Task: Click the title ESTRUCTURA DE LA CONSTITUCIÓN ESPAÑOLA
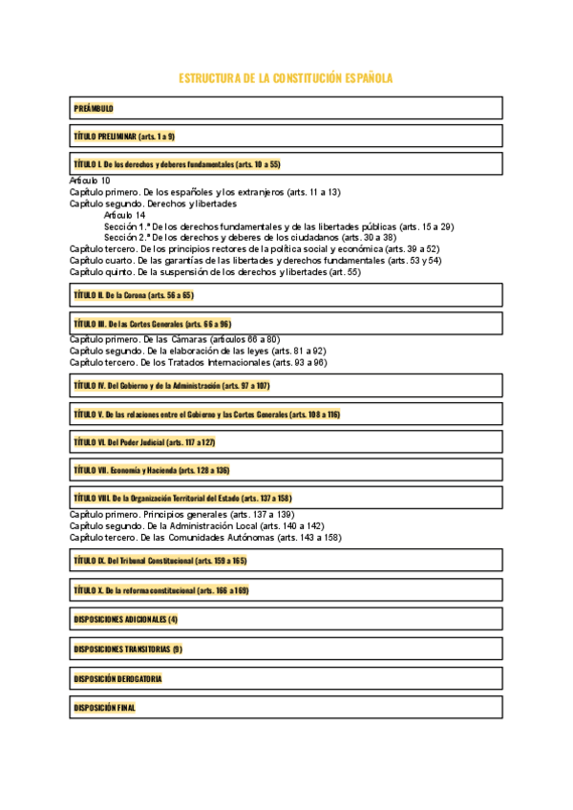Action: click(286, 78)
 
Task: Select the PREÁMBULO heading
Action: click(94, 108)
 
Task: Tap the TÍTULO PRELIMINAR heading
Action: click(124, 137)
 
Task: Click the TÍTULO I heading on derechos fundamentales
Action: click(177, 164)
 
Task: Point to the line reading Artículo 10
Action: click(91, 180)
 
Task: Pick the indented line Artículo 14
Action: click(125, 215)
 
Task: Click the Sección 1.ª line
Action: click(279, 226)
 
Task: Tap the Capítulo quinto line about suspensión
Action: click(215, 272)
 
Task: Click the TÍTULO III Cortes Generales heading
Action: click(153, 324)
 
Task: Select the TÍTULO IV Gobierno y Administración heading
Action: click(172, 386)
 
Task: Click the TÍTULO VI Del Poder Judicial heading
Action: click(144, 442)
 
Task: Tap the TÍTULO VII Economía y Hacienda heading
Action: click(152, 470)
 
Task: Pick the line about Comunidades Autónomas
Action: click(205, 538)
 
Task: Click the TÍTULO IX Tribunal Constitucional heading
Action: click(160, 561)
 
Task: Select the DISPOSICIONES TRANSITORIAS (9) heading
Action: click(128, 649)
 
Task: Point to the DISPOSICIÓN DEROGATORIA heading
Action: click(117, 678)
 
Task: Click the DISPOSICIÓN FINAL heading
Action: click(105, 708)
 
